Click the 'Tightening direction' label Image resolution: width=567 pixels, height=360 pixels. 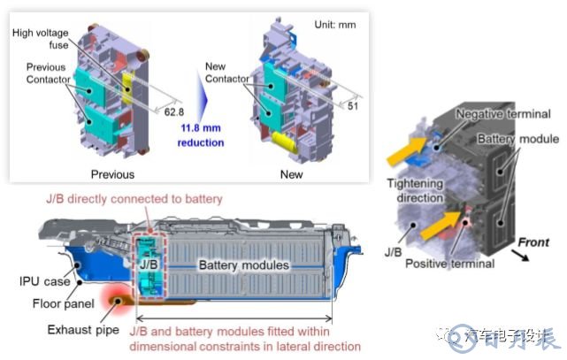(x=416, y=188)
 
